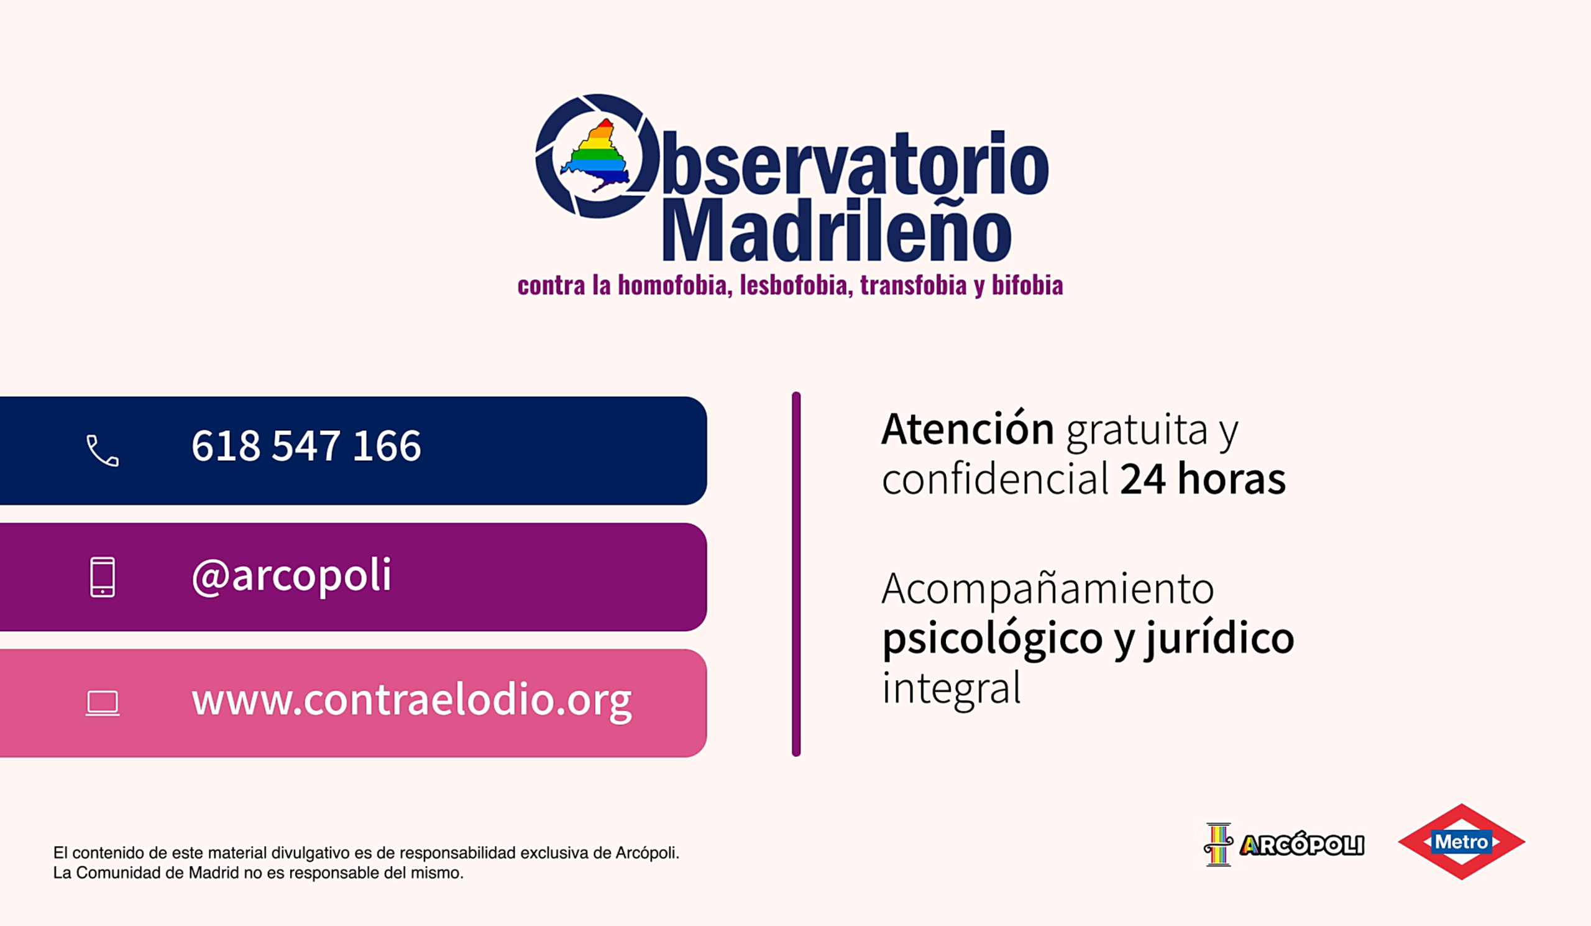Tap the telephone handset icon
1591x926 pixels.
click(x=103, y=450)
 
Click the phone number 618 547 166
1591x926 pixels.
click(x=306, y=446)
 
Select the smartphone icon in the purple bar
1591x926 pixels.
click(x=103, y=576)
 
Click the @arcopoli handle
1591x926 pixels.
click(x=291, y=575)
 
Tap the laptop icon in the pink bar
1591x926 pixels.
click(x=103, y=703)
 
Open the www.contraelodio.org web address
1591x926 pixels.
click(x=411, y=701)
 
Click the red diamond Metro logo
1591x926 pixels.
click(x=1462, y=841)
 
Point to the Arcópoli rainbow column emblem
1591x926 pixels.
click(x=1218, y=844)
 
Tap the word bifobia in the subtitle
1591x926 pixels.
click(x=1027, y=285)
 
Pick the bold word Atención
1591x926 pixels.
click(x=967, y=429)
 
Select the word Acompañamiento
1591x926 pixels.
click(x=1047, y=590)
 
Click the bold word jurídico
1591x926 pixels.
click(x=1220, y=639)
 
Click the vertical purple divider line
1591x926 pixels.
click(x=796, y=574)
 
